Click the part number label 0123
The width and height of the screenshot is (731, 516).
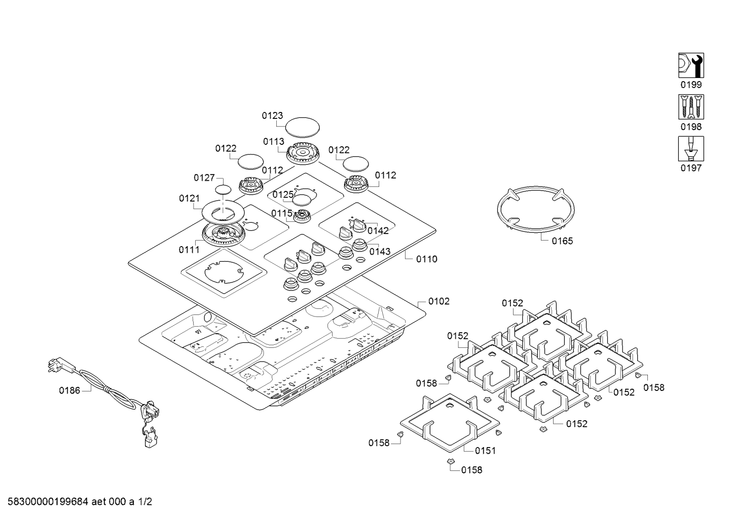coord(272,116)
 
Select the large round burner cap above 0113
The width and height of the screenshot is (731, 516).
coord(303,127)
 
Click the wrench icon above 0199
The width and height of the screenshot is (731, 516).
coord(691,65)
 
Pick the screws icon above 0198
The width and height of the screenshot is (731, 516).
coord(691,107)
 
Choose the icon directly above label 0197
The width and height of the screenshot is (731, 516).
coord(691,148)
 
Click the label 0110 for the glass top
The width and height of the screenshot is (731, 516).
coord(426,259)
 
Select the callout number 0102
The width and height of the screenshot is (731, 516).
coord(438,301)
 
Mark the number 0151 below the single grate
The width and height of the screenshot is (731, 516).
coord(485,451)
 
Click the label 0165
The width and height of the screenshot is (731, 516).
coord(562,241)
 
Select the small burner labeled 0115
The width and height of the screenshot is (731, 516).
coord(303,216)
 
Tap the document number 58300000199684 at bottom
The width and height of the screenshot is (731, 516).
coord(48,502)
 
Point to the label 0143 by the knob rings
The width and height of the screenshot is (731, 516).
coord(380,252)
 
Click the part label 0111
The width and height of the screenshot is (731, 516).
coord(189,250)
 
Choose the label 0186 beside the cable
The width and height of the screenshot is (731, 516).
coord(69,390)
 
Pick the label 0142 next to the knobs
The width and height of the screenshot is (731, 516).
coord(378,231)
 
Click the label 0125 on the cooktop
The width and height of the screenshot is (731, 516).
coord(283,194)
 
